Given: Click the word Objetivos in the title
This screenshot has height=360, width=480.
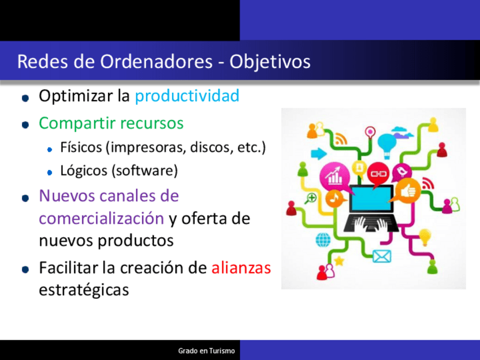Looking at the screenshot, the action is click(x=269, y=62).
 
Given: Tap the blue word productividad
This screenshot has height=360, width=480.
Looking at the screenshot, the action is click(x=187, y=96).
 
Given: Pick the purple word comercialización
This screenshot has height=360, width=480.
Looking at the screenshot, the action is click(x=102, y=218).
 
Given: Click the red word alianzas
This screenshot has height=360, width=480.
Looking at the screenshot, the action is click(x=241, y=268).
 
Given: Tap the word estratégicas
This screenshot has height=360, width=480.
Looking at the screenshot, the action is click(x=84, y=290).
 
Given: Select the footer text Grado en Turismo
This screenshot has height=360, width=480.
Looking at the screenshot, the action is click(x=207, y=351).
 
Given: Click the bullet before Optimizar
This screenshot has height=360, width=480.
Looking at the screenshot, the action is click(x=25, y=98).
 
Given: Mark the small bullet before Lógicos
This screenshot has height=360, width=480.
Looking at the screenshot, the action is click(x=50, y=173).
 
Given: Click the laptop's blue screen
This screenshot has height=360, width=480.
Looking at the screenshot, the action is click(x=371, y=198).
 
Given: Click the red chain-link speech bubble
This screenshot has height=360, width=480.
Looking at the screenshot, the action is click(x=378, y=174).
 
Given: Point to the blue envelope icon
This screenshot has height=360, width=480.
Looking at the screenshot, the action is click(x=382, y=256).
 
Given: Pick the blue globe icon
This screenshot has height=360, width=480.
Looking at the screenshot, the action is click(x=323, y=239).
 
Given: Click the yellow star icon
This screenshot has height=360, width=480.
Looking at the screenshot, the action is click(x=339, y=261).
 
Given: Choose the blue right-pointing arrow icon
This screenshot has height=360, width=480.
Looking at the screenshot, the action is click(x=319, y=153).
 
